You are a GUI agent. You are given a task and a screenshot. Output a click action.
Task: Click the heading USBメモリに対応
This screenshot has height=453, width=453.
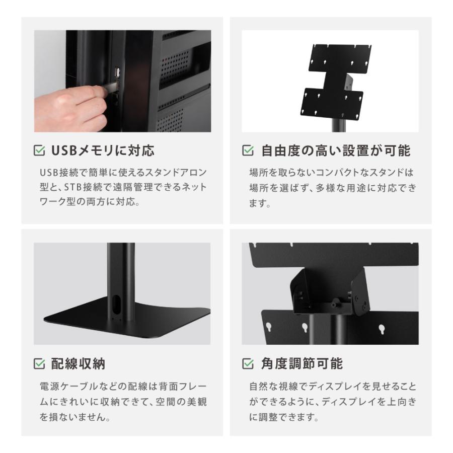[103, 150]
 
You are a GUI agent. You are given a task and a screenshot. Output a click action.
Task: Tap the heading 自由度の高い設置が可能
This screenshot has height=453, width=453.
[336, 150]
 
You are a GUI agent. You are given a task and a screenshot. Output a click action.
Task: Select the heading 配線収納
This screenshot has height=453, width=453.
[78, 364]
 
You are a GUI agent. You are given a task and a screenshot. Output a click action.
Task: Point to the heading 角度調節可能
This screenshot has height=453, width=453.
[302, 364]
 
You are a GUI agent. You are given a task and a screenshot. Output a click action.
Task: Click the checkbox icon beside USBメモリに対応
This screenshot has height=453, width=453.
[38, 150]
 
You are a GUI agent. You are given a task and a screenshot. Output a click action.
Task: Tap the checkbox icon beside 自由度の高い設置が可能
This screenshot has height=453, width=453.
[248, 150]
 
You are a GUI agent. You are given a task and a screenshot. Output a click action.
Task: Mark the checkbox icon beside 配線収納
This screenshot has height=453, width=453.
[38, 364]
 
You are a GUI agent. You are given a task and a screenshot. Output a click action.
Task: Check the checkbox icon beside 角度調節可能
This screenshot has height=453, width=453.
[248, 364]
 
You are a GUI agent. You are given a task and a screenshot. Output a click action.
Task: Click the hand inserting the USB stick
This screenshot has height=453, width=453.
[68, 108]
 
